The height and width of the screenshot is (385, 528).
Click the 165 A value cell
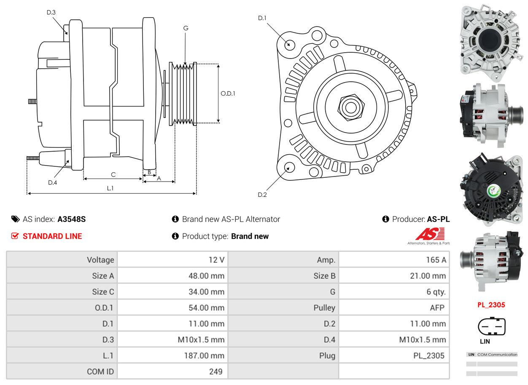tap(436, 260)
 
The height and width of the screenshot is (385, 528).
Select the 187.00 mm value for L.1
tap(204, 356)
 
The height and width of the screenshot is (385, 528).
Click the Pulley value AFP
tap(437, 308)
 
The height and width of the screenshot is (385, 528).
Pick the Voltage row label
tap(100, 260)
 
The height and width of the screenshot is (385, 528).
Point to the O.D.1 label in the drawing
tap(228, 94)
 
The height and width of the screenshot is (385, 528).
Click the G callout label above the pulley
tap(186, 28)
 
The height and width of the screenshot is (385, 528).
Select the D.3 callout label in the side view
tap(51, 12)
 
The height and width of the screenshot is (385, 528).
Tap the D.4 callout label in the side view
tap(52, 182)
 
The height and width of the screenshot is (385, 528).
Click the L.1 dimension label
tap(110, 188)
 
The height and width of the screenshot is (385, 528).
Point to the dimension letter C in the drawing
tap(113, 174)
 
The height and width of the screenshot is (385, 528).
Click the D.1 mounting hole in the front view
tap(289, 44)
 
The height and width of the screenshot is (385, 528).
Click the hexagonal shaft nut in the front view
tap(350, 107)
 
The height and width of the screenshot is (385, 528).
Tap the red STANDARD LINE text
tap(52, 236)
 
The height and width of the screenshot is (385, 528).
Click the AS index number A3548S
tap(72, 219)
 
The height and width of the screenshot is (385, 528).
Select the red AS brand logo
tap(430, 234)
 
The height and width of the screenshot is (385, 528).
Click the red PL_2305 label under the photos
tap(491, 305)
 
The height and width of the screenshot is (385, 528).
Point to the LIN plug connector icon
tap(491, 327)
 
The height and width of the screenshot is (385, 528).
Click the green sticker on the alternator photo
tap(493, 191)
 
